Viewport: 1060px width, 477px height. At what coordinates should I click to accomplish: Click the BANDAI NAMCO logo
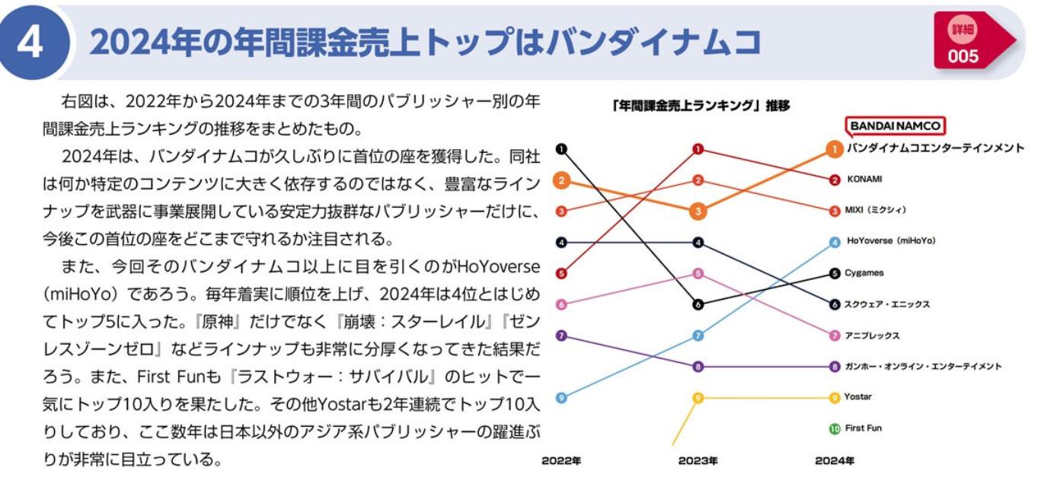click(x=896, y=126)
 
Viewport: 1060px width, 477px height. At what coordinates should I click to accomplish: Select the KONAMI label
click(x=864, y=180)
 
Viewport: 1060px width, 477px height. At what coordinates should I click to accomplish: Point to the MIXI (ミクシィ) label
click(x=876, y=210)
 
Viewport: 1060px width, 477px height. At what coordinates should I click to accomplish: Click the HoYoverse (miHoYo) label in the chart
click(x=890, y=241)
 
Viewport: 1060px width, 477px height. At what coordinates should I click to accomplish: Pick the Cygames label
click(x=864, y=272)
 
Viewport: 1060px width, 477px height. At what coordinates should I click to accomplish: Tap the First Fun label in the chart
click(x=863, y=428)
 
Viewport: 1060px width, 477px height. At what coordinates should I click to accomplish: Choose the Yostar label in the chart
click(x=858, y=397)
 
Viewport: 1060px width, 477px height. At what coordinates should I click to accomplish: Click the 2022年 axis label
click(x=561, y=461)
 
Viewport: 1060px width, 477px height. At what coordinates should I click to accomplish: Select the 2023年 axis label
click(x=698, y=461)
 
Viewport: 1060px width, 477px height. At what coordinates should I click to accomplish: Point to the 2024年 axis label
click(x=835, y=461)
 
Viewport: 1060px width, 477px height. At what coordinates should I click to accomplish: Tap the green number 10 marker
click(x=835, y=429)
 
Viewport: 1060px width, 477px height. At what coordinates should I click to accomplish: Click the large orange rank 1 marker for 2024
click(x=835, y=149)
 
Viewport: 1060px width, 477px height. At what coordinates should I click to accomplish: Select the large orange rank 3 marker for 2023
click(x=698, y=211)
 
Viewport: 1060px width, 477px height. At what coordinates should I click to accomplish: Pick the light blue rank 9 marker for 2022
click(x=561, y=397)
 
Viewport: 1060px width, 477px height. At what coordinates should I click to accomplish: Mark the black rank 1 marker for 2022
click(x=561, y=149)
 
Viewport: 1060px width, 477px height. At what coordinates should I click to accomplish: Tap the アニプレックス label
click(x=871, y=335)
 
